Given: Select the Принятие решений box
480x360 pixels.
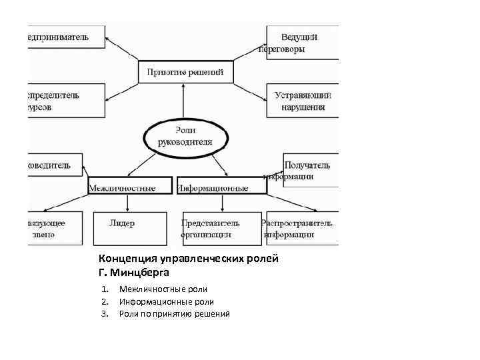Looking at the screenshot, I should (x=185, y=71).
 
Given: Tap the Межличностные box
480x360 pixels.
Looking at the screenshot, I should (x=131, y=187).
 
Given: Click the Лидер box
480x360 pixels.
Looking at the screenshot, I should (x=129, y=228).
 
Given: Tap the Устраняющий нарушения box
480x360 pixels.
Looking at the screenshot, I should (x=301, y=101).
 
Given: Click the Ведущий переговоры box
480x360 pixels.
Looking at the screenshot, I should (x=301, y=42).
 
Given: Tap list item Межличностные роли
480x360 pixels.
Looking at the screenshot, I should (x=163, y=289).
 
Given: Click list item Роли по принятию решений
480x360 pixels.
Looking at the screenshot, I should (x=174, y=313).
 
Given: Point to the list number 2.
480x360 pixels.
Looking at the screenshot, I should (x=105, y=301).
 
